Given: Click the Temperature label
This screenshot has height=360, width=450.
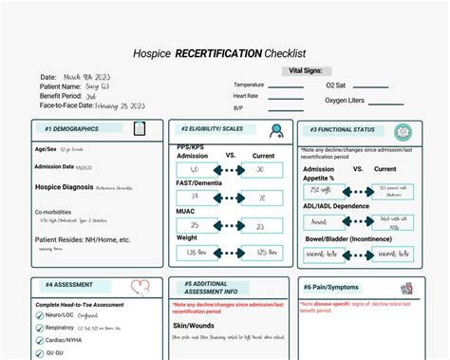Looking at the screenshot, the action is (x=250, y=85).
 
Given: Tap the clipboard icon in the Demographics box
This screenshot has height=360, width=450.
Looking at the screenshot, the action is (x=140, y=128).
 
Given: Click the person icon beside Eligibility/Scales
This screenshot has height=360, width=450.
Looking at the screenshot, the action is (x=275, y=130).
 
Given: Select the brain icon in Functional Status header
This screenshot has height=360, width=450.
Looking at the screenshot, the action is (x=403, y=130).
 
